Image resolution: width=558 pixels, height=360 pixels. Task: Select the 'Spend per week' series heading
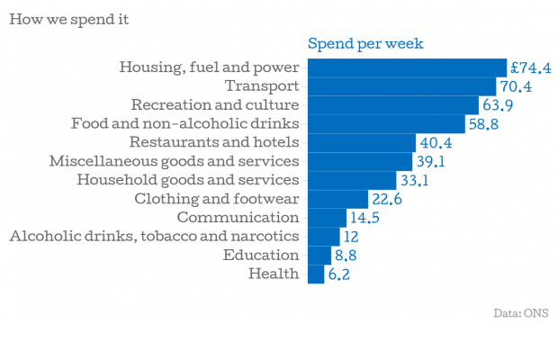pos(365,44)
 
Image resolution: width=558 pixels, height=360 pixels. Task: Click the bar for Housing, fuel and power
pos(407,67)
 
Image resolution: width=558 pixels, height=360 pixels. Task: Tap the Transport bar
pos(401,86)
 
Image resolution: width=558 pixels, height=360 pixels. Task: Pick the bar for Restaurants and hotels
pos(362,142)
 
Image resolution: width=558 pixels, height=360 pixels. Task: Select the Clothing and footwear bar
pos(337,199)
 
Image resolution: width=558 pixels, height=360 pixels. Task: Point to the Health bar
pos(316,274)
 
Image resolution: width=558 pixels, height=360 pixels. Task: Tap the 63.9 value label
pos(498,105)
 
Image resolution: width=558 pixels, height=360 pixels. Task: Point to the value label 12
pos(352,237)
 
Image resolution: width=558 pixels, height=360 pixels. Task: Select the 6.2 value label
pos(338,274)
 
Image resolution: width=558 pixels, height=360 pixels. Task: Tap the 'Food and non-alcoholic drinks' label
pos(184,123)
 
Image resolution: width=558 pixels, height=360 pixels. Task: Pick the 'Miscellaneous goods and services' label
pos(174,161)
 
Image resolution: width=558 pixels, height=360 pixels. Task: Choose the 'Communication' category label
pos(238,217)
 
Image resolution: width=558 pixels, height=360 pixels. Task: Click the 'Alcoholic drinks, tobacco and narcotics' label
pos(154,236)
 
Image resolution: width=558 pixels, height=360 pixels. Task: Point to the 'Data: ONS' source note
pos(520,313)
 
